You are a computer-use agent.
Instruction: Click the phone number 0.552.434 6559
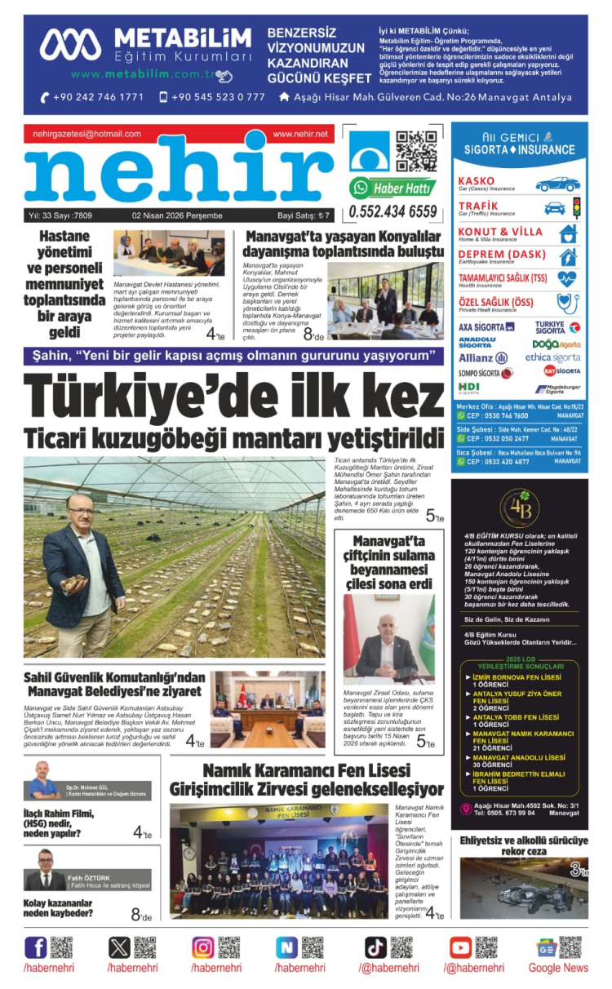392,212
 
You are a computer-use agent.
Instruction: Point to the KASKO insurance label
477,180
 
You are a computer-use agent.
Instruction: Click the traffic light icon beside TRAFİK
576,207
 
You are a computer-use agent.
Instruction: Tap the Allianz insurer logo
482,357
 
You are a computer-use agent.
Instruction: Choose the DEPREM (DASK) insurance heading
502,255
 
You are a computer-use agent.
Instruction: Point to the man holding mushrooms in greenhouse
82,563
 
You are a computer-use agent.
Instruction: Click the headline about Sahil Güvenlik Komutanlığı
114,685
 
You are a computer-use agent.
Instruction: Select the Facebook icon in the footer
36,947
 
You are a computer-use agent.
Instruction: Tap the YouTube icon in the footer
460,947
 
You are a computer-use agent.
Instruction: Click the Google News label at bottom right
557,968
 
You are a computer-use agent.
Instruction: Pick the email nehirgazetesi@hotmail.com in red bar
87,134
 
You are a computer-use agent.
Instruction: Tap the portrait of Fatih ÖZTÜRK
44,871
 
